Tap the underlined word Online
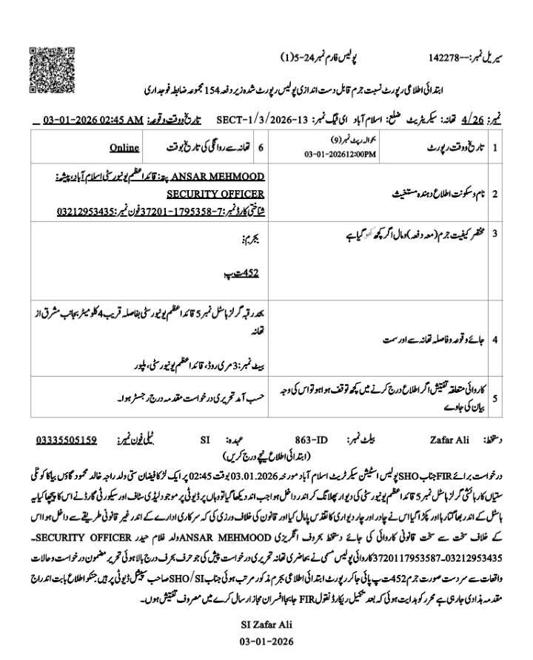click(x=124, y=147)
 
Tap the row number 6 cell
click(x=260, y=147)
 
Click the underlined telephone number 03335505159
click(x=66, y=440)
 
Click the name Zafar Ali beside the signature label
click(x=449, y=440)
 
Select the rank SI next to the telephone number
click(x=205, y=440)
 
